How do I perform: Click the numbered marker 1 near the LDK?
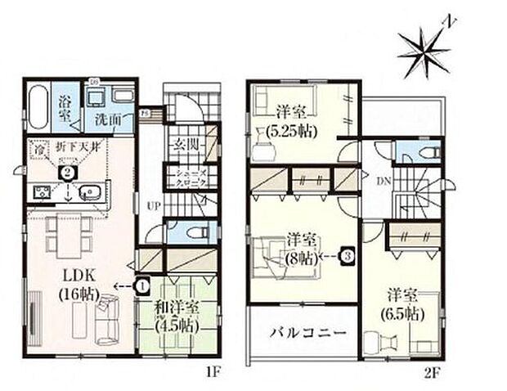[143, 285]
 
